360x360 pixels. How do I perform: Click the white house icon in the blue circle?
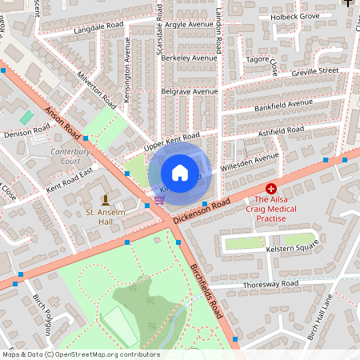tap(180, 172)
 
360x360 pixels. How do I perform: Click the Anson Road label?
tap(61, 122)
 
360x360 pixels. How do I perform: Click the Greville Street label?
tap(315, 71)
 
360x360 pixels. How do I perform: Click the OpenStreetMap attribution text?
tap(80, 354)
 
